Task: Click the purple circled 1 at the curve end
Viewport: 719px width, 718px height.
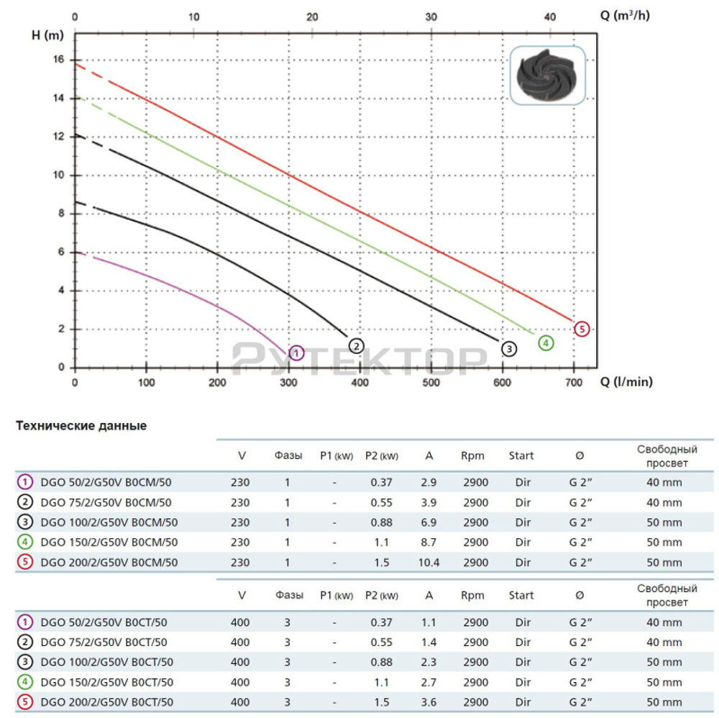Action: click(296, 353)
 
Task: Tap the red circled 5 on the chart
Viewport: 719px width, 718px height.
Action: click(582, 329)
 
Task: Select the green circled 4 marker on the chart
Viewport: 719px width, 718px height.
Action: click(546, 342)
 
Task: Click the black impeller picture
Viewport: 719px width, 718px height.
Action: click(548, 76)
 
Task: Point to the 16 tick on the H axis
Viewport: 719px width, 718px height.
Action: click(60, 59)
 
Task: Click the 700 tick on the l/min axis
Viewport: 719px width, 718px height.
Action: click(573, 382)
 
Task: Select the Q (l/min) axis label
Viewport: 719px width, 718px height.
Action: click(626, 382)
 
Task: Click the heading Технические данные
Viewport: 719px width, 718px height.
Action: click(81, 426)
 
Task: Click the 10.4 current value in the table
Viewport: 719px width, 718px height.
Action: click(429, 563)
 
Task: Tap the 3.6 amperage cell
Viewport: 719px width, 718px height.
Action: click(429, 702)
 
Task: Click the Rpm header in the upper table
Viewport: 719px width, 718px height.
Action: click(472, 455)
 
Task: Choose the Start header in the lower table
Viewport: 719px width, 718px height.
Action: click(521, 595)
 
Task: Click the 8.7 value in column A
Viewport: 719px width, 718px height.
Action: click(429, 542)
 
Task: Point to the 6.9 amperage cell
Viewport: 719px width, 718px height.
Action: click(429, 522)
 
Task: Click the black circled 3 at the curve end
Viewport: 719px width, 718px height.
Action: click(508, 349)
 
